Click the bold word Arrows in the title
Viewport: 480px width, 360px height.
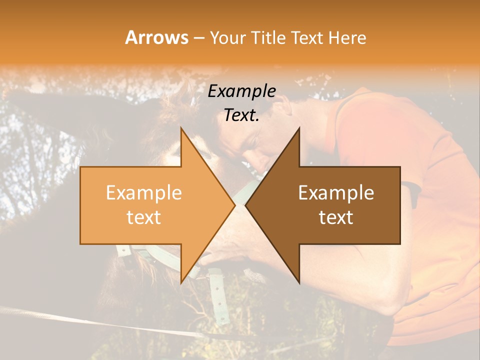(157, 37)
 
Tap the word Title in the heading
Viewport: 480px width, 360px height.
(267, 37)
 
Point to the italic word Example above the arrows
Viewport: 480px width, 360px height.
(241, 91)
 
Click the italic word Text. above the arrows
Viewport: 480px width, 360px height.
(241, 115)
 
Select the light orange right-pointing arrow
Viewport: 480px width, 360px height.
(150, 205)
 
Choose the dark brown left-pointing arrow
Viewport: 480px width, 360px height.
(340, 205)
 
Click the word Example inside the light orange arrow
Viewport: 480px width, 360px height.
(143, 193)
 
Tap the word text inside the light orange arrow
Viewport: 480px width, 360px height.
(143, 217)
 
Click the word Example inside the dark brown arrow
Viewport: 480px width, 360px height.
(336, 193)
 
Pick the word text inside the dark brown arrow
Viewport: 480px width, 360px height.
(336, 217)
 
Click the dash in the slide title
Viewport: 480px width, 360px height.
(198, 38)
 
